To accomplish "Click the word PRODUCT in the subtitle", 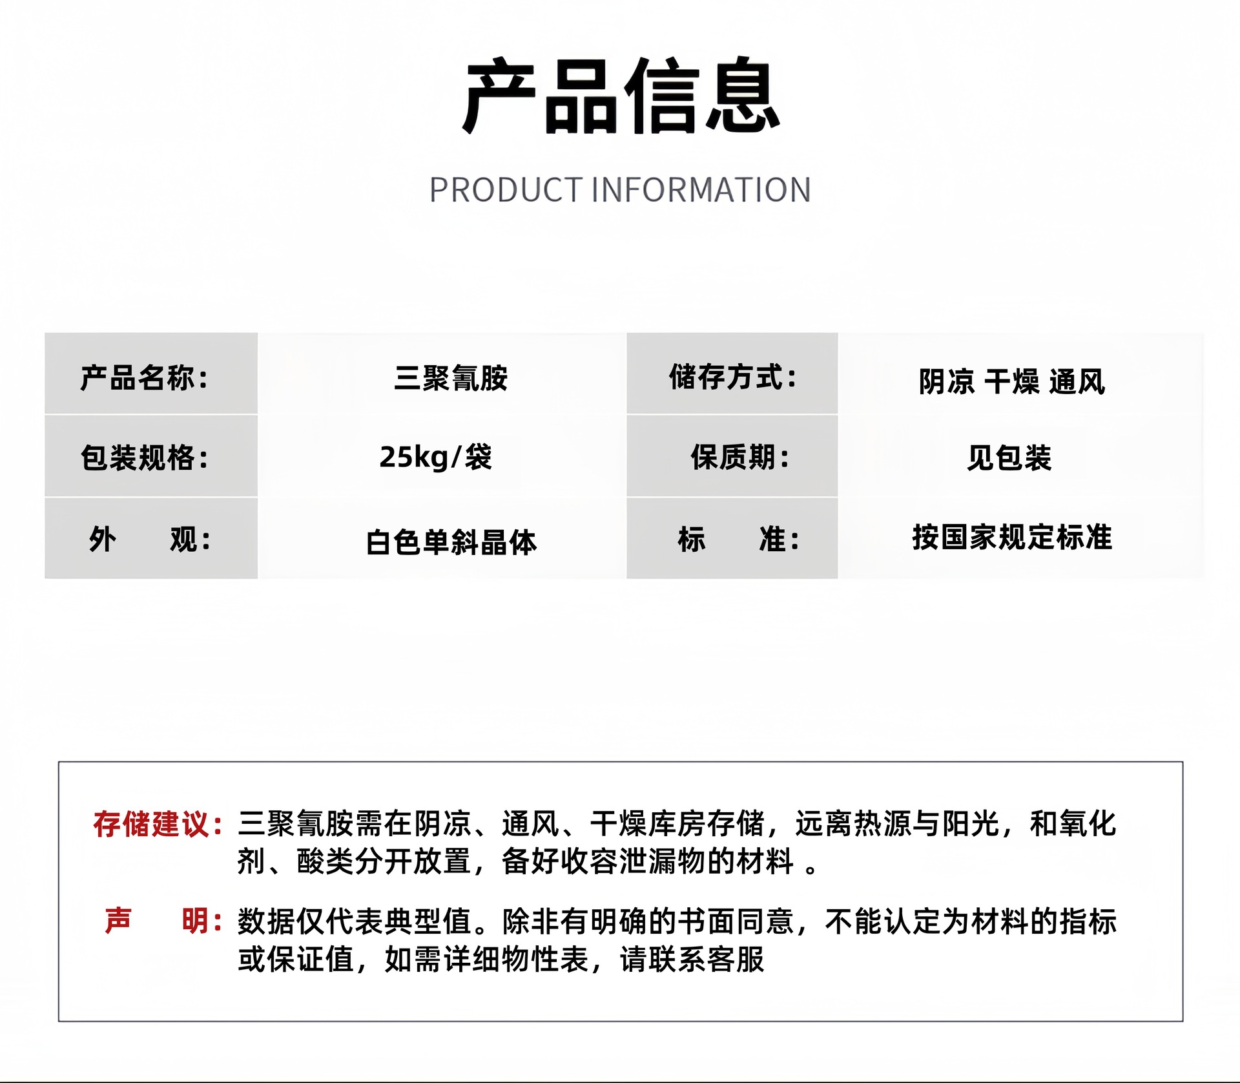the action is tap(506, 190).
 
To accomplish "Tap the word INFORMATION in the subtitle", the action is tap(701, 190).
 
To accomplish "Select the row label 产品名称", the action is tap(144, 378).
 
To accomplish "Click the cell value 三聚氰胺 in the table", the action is tap(451, 378).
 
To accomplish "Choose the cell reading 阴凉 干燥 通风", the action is tap(1012, 381).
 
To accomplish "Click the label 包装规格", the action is tap(144, 458).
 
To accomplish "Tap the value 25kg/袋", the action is tap(436, 457).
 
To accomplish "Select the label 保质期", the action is tap(739, 457).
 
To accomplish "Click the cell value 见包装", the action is tap(1009, 458).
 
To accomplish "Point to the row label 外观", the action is tap(150, 540).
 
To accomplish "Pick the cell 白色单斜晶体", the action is tap(451, 542).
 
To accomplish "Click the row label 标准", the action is tap(738, 539).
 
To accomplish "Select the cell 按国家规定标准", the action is tap(1012, 538).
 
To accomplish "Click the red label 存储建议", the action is tap(158, 825).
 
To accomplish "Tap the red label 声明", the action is tap(163, 921).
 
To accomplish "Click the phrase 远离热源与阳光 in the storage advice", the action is tap(898, 824).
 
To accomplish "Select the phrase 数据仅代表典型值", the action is tap(355, 921).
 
